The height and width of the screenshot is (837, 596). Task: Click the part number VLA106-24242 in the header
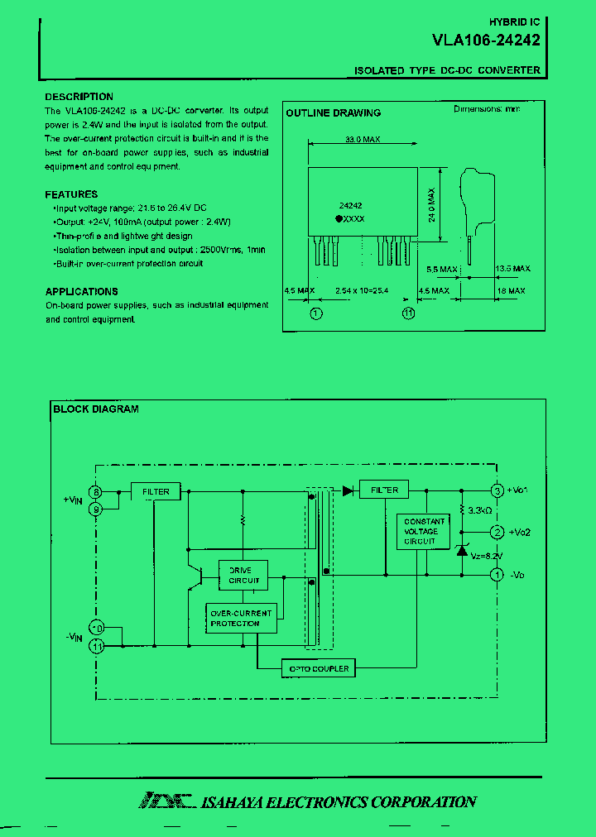pyautogui.click(x=486, y=39)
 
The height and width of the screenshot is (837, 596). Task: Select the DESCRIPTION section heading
pyautogui.click(x=79, y=97)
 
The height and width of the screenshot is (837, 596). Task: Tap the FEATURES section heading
pyautogui.click(x=71, y=194)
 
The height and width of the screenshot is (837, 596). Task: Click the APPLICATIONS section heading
pyautogui.click(x=81, y=291)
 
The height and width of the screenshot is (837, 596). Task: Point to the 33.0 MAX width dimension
pyautogui.click(x=362, y=141)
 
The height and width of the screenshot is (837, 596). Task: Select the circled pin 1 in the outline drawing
pyautogui.click(x=316, y=313)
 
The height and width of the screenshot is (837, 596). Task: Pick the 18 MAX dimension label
pyautogui.click(x=511, y=291)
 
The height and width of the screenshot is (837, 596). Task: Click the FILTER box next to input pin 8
pyautogui.click(x=156, y=491)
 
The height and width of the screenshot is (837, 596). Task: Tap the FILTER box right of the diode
pyautogui.click(x=385, y=490)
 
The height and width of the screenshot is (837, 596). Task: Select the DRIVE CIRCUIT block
pyautogui.click(x=243, y=575)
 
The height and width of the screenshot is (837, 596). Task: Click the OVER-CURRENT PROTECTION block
pyautogui.click(x=241, y=618)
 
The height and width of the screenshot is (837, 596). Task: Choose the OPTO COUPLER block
pyautogui.click(x=319, y=668)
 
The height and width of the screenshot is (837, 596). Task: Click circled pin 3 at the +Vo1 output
pyautogui.click(x=497, y=490)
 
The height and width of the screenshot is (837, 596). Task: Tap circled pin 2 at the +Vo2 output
pyautogui.click(x=497, y=532)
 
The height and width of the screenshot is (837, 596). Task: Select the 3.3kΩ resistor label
pyautogui.click(x=480, y=511)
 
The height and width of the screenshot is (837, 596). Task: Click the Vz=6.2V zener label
pyautogui.click(x=486, y=556)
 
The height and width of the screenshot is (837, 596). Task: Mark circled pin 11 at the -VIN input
pyautogui.click(x=97, y=646)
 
